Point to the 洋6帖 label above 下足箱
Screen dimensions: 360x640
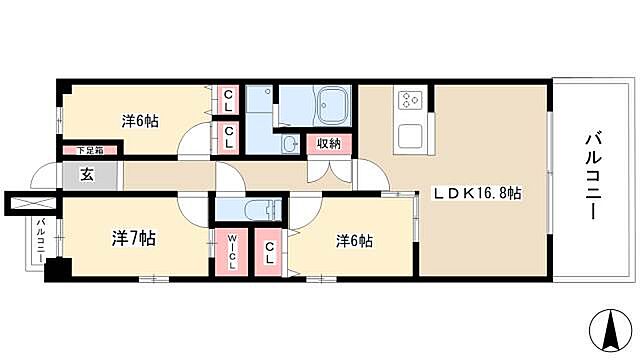coord(141,121)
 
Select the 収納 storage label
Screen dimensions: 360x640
coord(329,143)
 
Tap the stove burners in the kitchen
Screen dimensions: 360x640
coord(410,100)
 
